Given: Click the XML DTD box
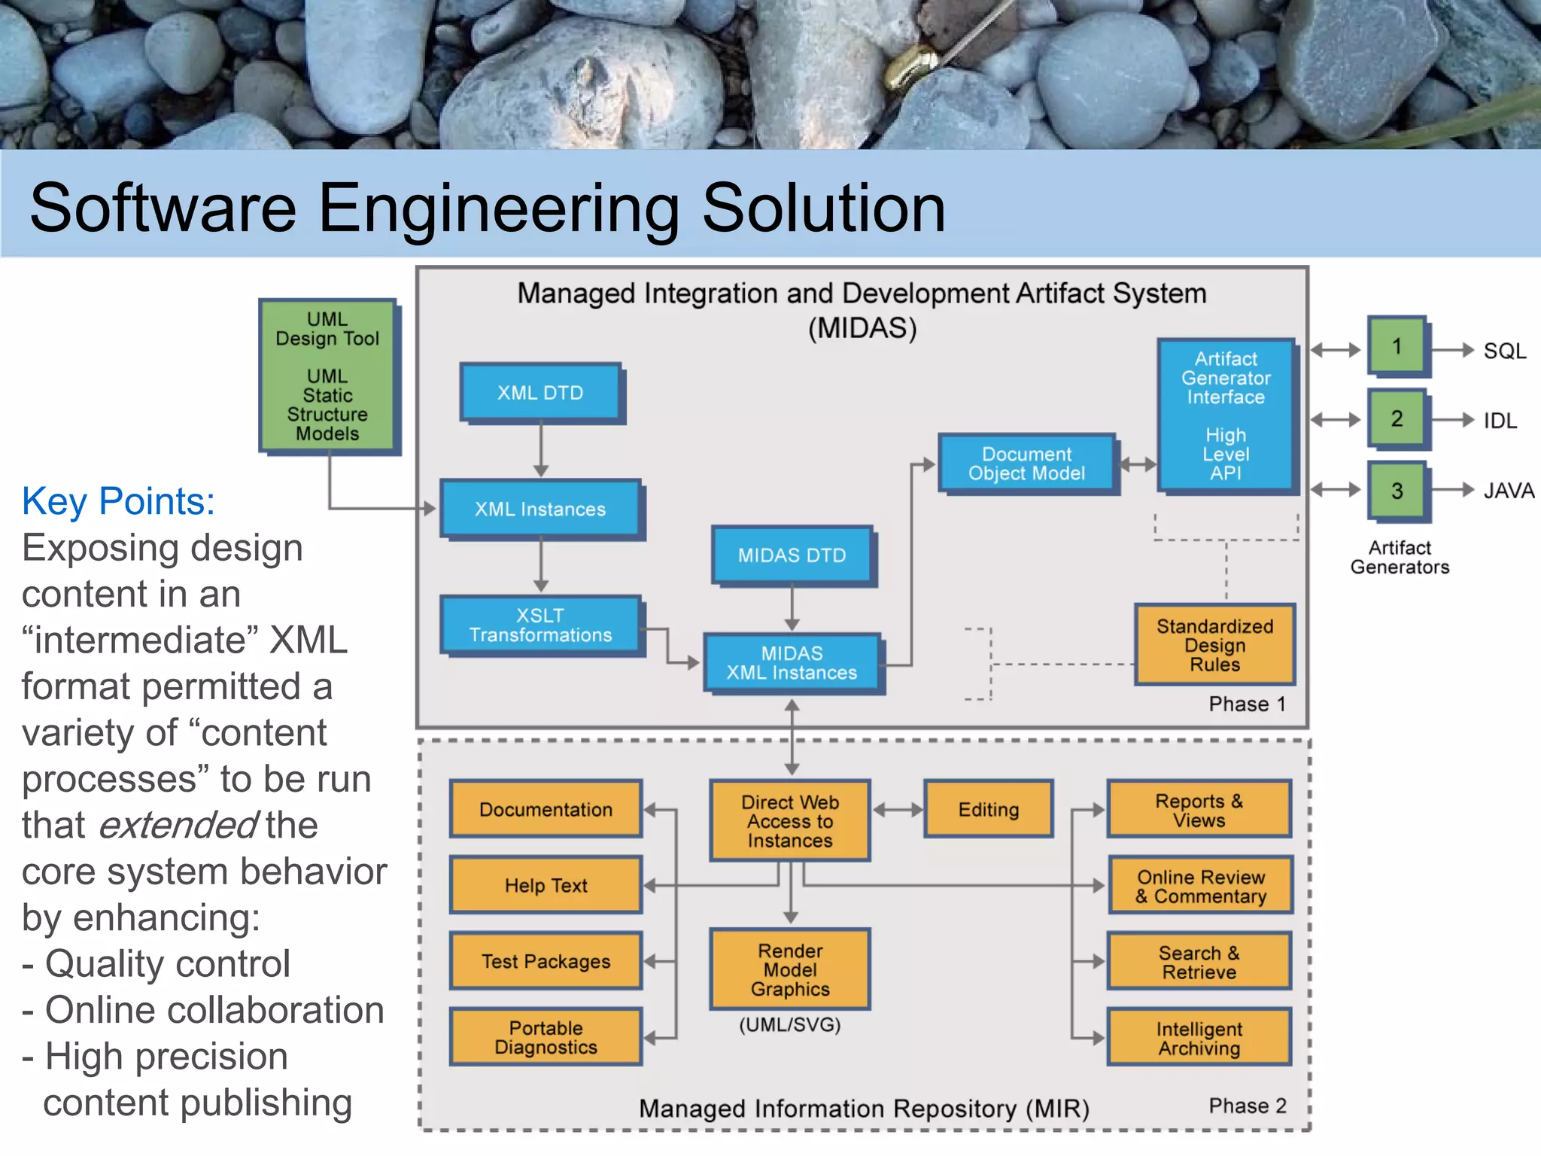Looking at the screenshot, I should point(540,392).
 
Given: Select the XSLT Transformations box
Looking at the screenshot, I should point(540,625).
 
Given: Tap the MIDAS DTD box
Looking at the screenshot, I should point(792,555).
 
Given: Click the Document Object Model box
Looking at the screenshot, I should point(1026,464).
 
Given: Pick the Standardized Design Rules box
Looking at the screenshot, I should point(1214,645).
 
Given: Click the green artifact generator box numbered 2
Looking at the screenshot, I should point(1397,418).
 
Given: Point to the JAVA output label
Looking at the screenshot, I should point(1508,491).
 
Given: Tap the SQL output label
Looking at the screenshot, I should point(1504,351).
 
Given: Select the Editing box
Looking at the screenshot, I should point(988,810).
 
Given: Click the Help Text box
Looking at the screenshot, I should point(546,885).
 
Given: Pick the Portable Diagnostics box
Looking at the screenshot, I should point(546,1037).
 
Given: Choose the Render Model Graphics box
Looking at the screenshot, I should point(790,969).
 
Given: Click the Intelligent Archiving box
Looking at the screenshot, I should point(1199,1039).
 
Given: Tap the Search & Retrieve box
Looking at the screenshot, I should point(1199,962).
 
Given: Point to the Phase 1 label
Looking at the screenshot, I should point(1247,704).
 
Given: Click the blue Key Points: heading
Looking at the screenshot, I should point(118,501).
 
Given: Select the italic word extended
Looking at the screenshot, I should point(178,825).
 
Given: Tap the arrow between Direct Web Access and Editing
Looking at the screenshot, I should point(897,810).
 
